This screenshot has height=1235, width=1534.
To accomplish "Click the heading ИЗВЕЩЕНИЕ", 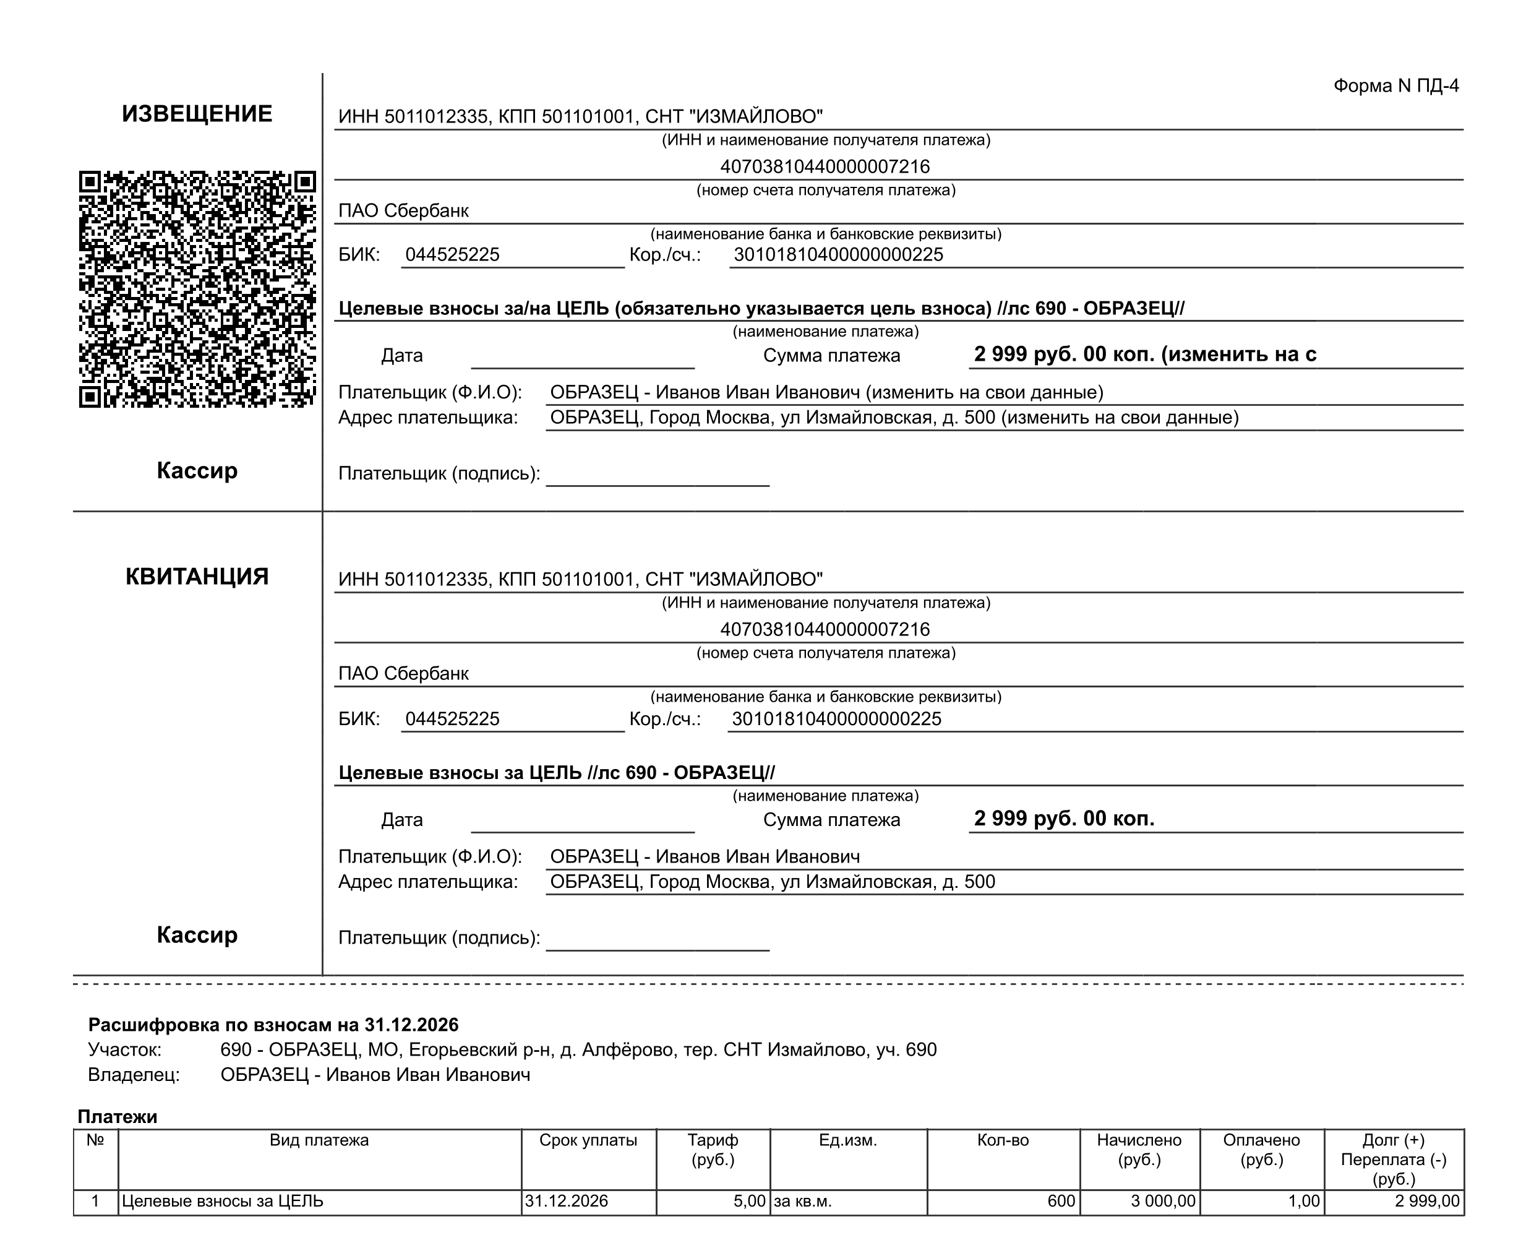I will (197, 114).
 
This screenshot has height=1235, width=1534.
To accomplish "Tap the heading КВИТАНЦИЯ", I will (197, 577).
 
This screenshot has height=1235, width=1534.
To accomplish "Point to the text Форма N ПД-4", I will (1395, 86).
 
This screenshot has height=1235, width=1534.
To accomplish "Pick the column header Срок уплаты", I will (588, 1140).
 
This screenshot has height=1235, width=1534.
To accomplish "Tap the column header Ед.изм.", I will (847, 1140).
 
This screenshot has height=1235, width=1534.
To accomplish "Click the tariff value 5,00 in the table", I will (749, 1202).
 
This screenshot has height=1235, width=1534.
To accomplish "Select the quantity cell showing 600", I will (1061, 1202).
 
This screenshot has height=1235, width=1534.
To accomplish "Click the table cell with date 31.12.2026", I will (567, 1202).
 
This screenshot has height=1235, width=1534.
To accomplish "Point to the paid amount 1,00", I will (1303, 1202).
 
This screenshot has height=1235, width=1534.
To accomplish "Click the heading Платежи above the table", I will (118, 1117).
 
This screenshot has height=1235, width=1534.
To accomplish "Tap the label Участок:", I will (124, 1050).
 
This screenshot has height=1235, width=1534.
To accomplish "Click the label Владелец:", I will (134, 1075).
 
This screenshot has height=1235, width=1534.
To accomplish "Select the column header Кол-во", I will (1003, 1140).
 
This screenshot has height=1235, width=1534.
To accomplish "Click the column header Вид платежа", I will (319, 1140).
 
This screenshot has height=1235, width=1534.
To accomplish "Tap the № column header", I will (95, 1140).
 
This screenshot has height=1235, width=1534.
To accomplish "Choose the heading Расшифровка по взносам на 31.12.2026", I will (273, 1025).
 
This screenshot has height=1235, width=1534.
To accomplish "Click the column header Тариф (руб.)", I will (713, 1150).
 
